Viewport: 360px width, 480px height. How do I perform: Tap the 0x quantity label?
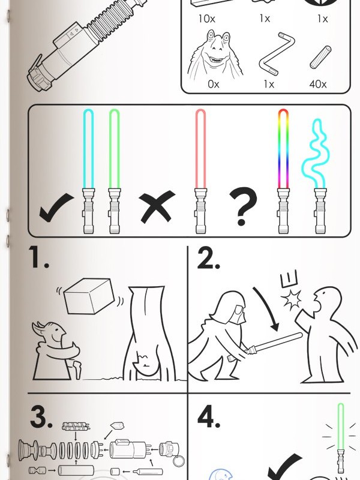point(214,84)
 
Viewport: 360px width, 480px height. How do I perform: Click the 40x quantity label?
point(318,84)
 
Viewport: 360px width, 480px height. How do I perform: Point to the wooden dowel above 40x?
point(320,57)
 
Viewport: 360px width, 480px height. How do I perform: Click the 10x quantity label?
point(206,19)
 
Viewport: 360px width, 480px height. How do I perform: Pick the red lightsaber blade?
point(200,149)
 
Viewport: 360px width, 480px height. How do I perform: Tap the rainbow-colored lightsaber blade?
point(283,149)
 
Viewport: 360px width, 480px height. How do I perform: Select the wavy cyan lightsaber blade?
point(316,153)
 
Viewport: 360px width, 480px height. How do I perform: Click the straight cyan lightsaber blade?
point(88,149)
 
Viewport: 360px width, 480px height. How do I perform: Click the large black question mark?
point(243,206)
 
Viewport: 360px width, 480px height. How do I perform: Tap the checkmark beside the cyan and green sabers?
point(56,209)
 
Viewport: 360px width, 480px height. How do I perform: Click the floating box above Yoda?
point(89,296)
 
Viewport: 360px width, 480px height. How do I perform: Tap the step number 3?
point(40,418)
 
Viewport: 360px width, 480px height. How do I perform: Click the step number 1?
point(38,257)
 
